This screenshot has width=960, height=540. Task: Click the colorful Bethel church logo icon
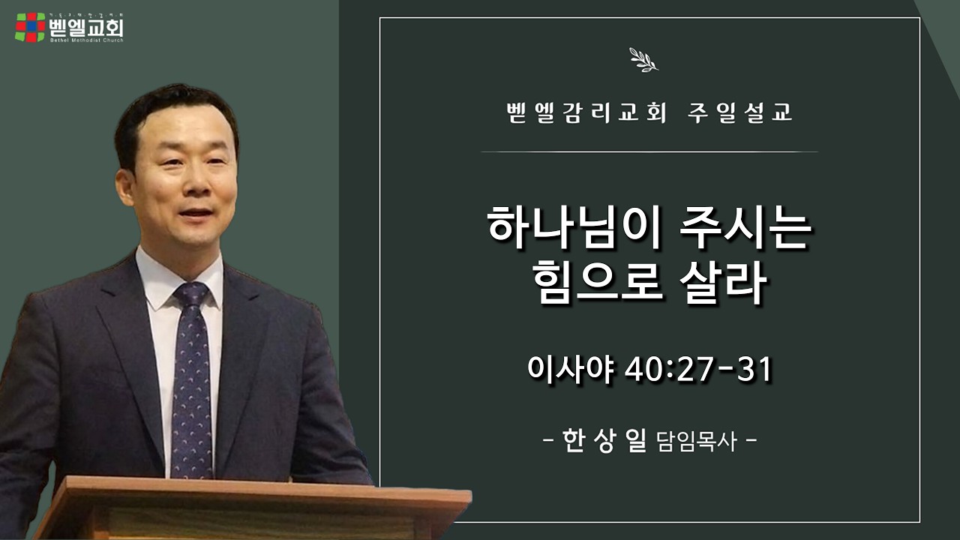[30, 27]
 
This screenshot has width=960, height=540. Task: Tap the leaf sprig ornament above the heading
[643, 60]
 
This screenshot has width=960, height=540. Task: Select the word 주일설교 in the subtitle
[739, 113]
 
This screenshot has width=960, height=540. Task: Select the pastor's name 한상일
[604, 440]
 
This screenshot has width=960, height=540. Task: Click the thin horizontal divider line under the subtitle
[649, 151]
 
